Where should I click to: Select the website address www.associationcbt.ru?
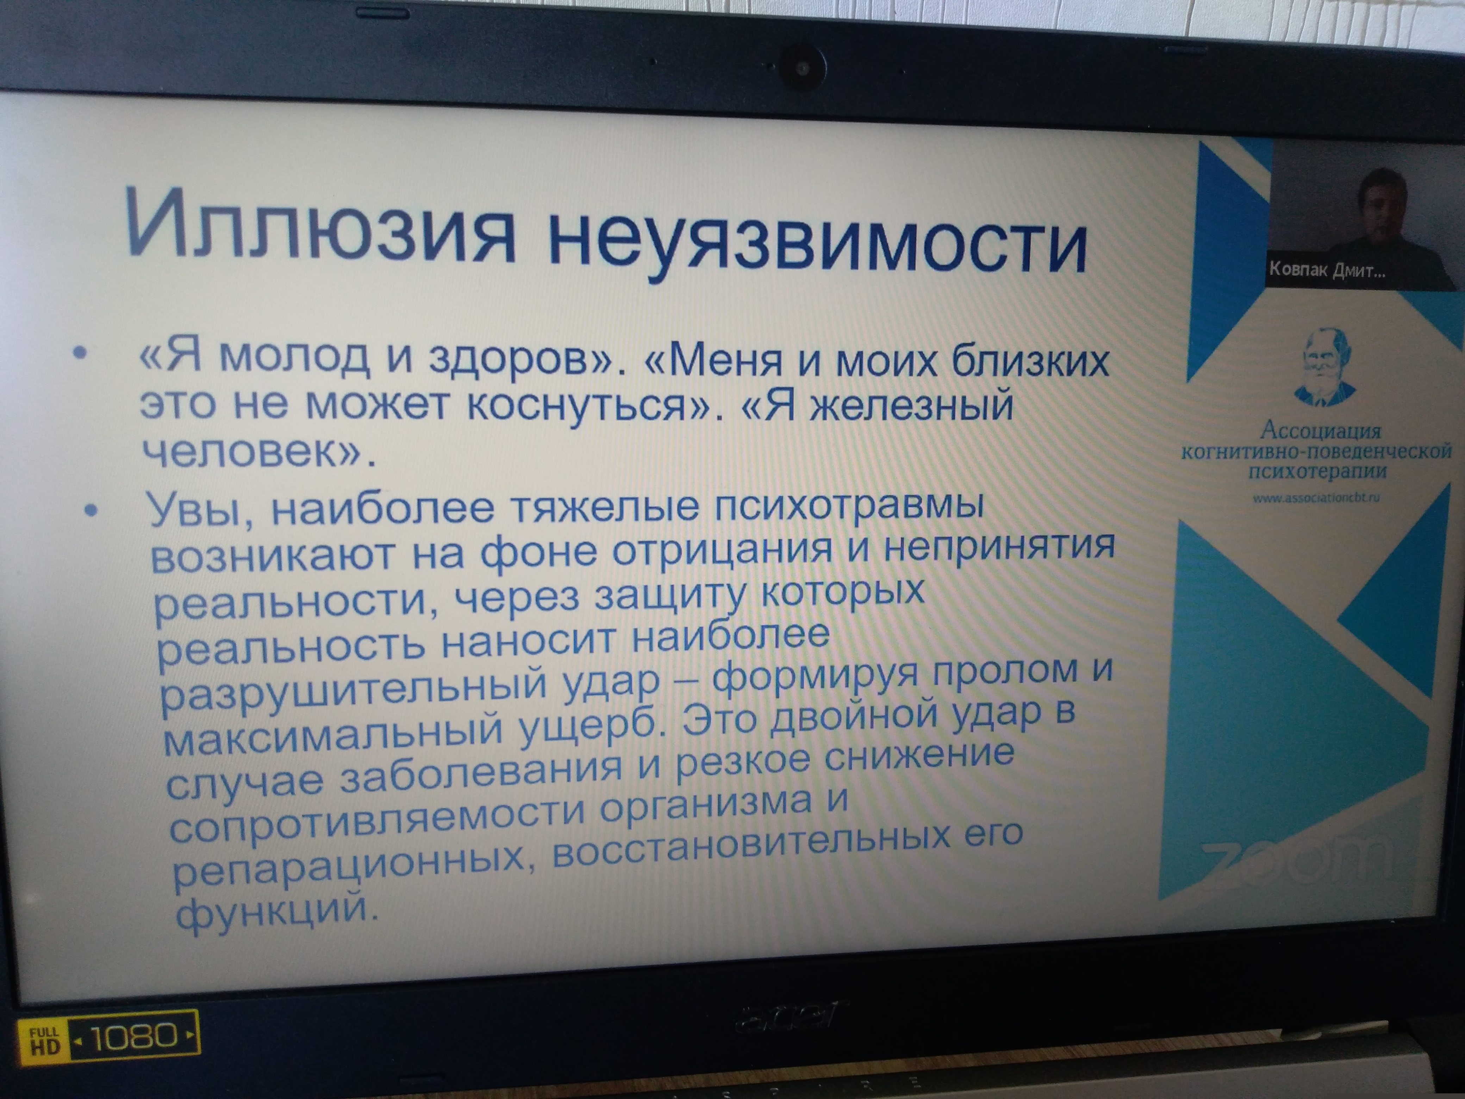(1316, 497)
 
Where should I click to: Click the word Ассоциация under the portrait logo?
(1320, 430)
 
